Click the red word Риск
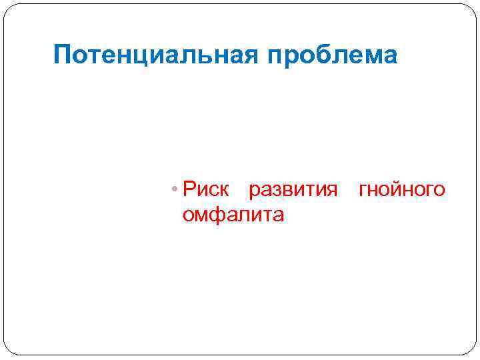[x=206, y=191]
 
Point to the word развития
[x=293, y=191]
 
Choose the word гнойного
[x=401, y=191]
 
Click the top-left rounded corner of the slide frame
[x=9, y=9]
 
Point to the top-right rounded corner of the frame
[x=471, y=9]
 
